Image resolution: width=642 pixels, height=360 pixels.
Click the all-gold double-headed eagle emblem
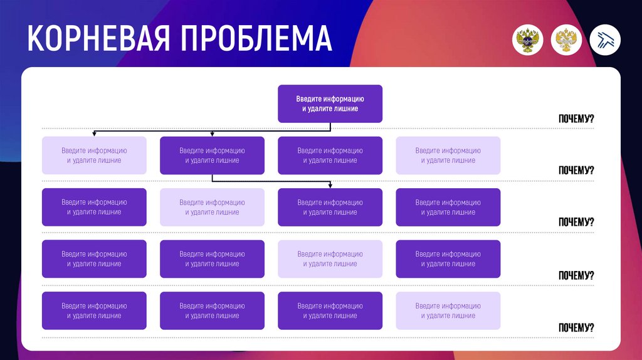566,40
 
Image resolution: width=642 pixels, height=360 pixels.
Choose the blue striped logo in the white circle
605,40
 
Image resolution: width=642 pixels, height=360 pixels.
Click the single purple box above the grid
330,103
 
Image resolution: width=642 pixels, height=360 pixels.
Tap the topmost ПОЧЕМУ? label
576,119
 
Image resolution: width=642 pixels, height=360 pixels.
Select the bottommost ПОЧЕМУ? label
576,327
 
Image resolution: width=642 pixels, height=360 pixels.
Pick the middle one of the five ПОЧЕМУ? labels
576,222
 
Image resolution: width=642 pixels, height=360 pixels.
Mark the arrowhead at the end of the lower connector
330,185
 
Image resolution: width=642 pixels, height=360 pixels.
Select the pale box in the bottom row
448,310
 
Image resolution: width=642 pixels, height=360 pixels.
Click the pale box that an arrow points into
94,156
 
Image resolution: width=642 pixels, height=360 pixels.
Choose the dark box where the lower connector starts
212,156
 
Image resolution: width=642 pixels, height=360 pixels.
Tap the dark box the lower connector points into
330,207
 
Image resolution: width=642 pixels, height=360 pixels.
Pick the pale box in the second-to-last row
330,259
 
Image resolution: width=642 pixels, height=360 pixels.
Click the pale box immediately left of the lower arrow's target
212,207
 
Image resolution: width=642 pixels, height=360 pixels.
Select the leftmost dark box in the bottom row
94,310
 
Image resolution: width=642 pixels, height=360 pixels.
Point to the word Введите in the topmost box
310,99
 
